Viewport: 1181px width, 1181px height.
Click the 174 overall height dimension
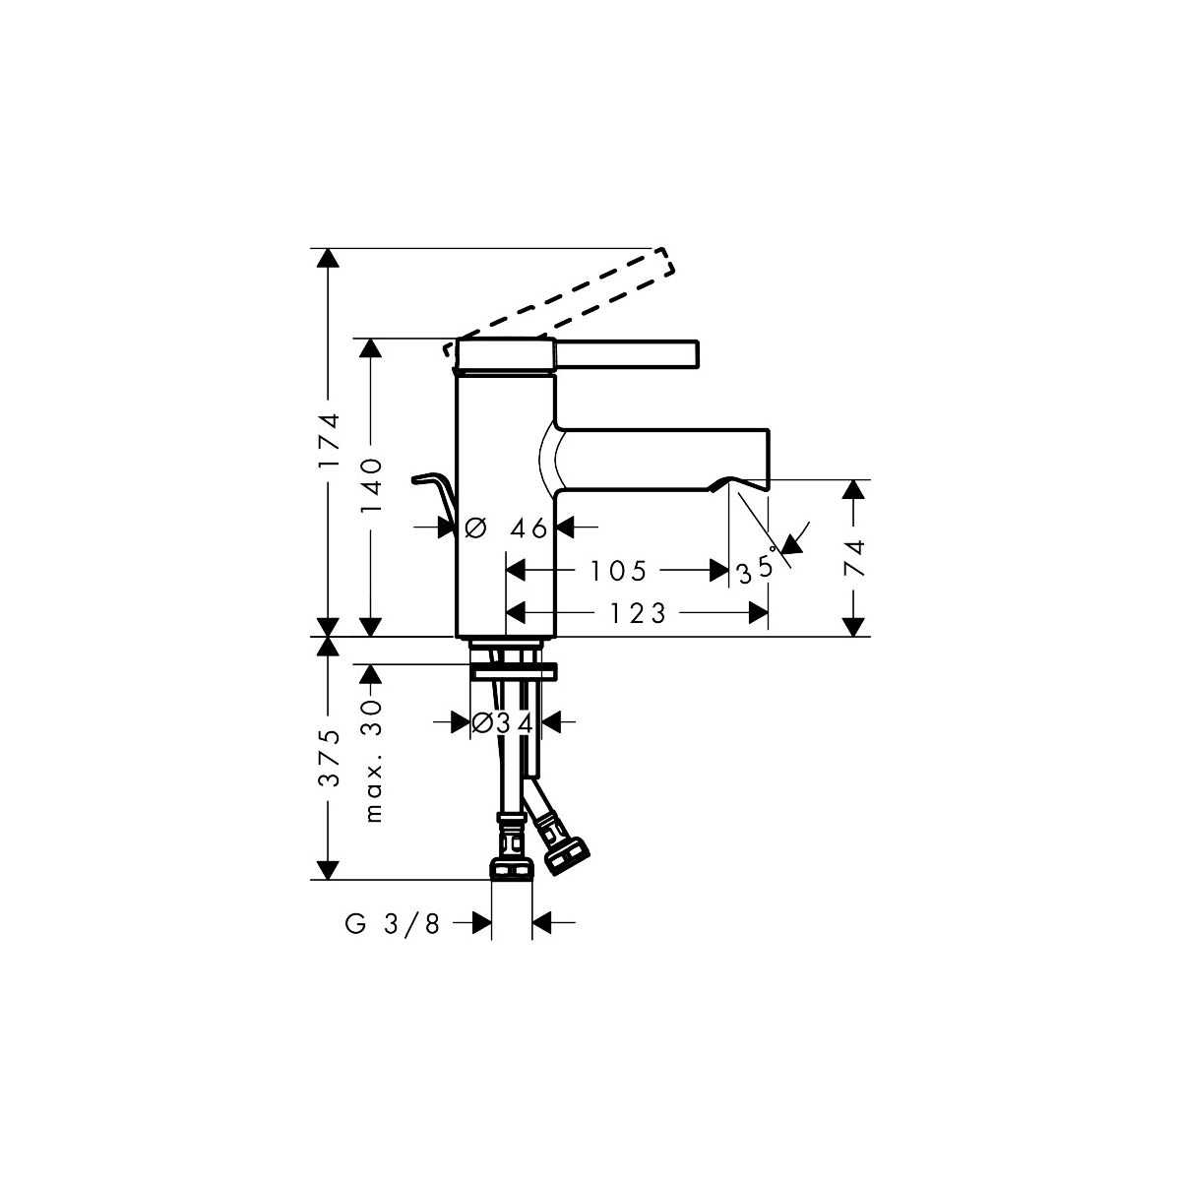pos(328,442)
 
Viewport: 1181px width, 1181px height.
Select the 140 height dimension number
pos(370,486)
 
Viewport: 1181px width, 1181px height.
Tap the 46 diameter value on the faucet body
pos(528,528)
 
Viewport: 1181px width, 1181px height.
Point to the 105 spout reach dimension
pos(618,571)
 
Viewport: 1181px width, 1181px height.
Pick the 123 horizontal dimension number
pos(638,613)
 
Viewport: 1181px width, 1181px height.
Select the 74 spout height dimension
pos(853,558)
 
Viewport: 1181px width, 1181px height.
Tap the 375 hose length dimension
pos(330,758)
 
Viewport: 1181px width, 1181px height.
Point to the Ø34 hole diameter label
pos(503,723)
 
